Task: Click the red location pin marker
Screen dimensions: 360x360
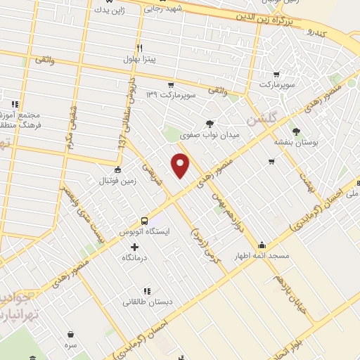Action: pos(181,165)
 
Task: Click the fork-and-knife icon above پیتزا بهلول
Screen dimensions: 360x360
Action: pos(140,49)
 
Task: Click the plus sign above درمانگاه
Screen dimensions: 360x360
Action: pos(135,247)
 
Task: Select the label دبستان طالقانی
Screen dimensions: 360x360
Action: pos(146,302)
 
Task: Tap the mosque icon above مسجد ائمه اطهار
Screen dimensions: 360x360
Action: pos(262,245)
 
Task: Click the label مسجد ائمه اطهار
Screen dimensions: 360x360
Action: pos(262,257)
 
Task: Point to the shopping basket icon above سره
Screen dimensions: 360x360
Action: pos(71,335)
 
